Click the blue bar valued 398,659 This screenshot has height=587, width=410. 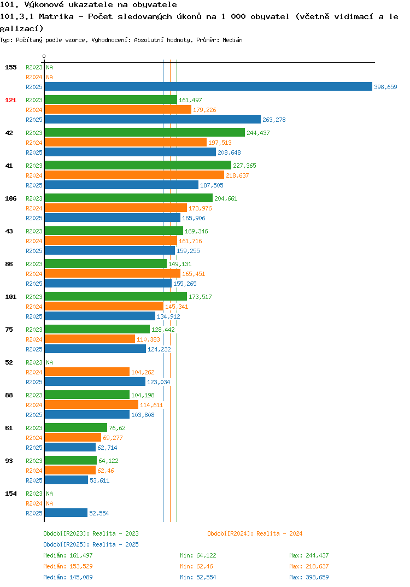(209, 86)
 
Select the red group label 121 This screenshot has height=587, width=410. (11, 100)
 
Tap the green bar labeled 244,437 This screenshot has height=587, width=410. (145, 132)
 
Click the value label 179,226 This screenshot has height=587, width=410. (204, 110)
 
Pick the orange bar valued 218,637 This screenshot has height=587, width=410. (134, 175)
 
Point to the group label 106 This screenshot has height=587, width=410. (11, 198)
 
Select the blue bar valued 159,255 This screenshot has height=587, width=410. (110, 250)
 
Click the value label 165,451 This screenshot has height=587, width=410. (194, 274)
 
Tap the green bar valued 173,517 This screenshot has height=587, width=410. (116, 296)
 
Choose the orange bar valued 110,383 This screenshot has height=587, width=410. (90, 339)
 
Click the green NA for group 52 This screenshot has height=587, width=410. (49, 362)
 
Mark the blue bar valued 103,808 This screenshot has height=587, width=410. (87, 414)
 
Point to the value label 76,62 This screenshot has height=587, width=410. (117, 428)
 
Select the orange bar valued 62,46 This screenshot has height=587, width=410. (71, 470)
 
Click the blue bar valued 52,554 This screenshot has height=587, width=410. (66, 513)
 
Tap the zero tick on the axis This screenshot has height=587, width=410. (44, 56)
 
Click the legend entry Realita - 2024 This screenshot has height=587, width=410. (255, 533)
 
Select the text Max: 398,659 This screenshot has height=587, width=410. (309, 577)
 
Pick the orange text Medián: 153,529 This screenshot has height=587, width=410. (68, 566)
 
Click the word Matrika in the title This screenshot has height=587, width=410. (56, 16)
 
